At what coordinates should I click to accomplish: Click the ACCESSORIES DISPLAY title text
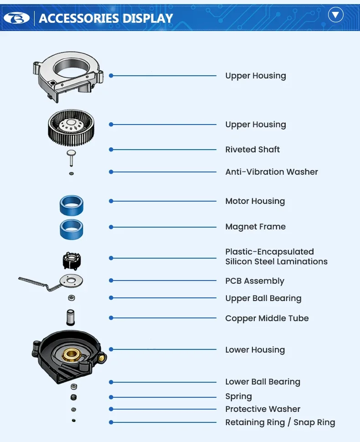(106, 18)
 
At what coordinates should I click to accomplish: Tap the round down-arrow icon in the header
(335, 15)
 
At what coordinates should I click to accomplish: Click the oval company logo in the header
(16, 18)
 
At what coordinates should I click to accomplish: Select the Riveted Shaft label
(252, 150)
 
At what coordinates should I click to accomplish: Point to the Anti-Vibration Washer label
(272, 172)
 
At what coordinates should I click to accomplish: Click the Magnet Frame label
(256, 227)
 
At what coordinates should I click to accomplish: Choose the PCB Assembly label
(255, 281)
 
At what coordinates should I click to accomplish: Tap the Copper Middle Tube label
(267, 318)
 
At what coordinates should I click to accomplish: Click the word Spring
(239, 397)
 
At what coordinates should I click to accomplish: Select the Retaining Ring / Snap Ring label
(280, 422)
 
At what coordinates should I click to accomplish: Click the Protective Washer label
(263, 409)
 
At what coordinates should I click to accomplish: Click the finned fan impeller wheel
(71, 127)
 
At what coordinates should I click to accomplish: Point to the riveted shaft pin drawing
(71, 158)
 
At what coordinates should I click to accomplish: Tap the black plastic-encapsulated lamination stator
(72, 261)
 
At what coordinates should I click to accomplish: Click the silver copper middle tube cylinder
(70, 317)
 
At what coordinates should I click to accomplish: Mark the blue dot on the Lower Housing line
(111, 349)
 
